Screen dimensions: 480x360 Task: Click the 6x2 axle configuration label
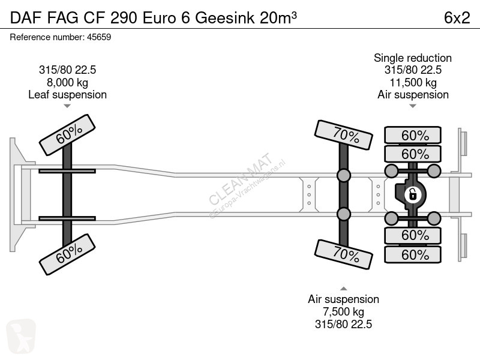click(x=457, y=18)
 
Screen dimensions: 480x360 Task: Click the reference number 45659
click(x=99, y=37)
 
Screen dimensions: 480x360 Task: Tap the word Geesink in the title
click(x=224, y=18)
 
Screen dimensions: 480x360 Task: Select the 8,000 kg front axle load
click(x=67, y=82)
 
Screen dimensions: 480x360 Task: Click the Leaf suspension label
click(x=67, y=95)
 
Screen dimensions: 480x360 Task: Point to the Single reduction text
click(x=413, y=58)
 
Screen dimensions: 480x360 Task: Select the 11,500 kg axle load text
click(x=413, y=82)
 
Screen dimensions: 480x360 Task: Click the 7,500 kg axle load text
click(x=343, y=311)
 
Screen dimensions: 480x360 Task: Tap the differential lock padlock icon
click(x=412, y=194)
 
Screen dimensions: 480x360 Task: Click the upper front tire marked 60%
click(x=67, y=134)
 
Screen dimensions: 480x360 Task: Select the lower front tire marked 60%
click(x=67, y=254)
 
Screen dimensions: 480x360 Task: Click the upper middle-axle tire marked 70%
click(x=343, y=135)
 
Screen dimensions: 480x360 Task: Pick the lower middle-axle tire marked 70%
click(x=343, y=254)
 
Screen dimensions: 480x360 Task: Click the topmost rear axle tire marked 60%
click(x=413, y=135)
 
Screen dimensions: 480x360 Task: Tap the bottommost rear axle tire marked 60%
click(x=413, y=254)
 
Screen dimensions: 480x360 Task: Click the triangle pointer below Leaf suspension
click(x=67, y=106)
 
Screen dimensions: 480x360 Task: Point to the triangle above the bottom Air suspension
click(x=343, y=289)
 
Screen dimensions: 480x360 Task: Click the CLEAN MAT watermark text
click(x=241, y=178)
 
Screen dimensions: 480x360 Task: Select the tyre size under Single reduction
click(x=413, y=70)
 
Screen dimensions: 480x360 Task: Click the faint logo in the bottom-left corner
click(x=21, y=336)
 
